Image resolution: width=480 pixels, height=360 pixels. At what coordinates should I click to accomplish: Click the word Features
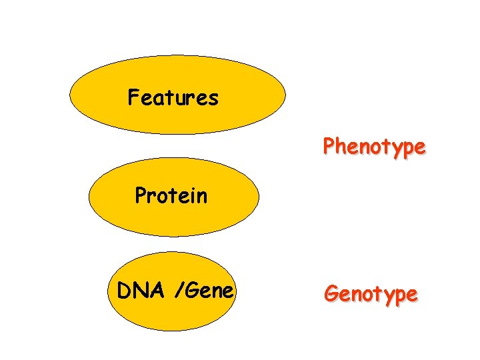click(173, 98)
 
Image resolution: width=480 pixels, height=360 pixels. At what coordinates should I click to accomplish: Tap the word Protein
click(171, 196)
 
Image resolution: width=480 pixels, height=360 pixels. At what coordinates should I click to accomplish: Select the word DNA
click(137, 291)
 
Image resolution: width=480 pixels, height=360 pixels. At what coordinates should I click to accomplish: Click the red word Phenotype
click(373, 147)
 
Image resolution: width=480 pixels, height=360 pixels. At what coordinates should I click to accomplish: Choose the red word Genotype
click(371, 293)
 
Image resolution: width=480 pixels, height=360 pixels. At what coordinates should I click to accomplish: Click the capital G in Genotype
click(331, 293)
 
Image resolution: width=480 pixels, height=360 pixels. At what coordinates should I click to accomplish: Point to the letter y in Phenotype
click(397, 149)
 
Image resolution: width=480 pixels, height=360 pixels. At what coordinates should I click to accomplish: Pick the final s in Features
click(213, 99)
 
